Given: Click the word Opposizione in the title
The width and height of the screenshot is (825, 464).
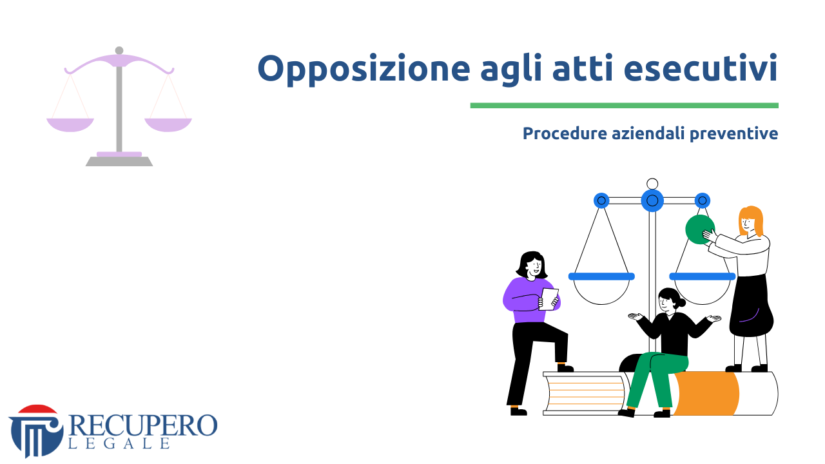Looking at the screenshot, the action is tap(364, 69).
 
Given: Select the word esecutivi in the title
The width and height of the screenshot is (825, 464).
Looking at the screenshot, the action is tap(701, 68).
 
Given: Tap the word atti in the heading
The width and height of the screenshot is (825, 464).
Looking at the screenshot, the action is tap(583, 68).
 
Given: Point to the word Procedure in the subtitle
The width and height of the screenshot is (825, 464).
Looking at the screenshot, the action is tap(565, 133).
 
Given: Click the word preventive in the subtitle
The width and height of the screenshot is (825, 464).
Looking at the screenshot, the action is tap(733, 134).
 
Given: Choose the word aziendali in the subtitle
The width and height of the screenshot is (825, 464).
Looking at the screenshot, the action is tap(648, 133).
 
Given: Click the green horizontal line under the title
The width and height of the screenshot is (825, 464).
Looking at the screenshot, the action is tap(625, 106).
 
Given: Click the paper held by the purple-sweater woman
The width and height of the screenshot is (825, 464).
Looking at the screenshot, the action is tap(548, 299).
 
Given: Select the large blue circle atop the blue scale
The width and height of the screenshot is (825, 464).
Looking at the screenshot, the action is tap(652, 200).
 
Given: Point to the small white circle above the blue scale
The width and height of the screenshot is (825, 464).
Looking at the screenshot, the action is tap(652, 184).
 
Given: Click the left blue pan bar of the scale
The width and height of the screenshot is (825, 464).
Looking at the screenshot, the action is tap(601, 276).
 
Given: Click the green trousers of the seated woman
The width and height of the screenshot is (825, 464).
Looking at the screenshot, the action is tap(655, 376).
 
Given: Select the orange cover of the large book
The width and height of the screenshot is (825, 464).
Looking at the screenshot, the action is tap(706, 393).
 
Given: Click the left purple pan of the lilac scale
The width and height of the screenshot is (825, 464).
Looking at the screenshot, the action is tap(70, 124).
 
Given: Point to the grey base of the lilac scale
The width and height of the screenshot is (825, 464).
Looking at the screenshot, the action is tap(119, 161).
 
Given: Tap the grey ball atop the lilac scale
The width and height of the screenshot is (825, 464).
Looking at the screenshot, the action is tap(119, 50).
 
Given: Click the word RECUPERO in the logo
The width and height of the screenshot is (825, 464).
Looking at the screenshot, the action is tap(143, 425).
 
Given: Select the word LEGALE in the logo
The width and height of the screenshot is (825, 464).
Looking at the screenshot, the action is tap(119, 444).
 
